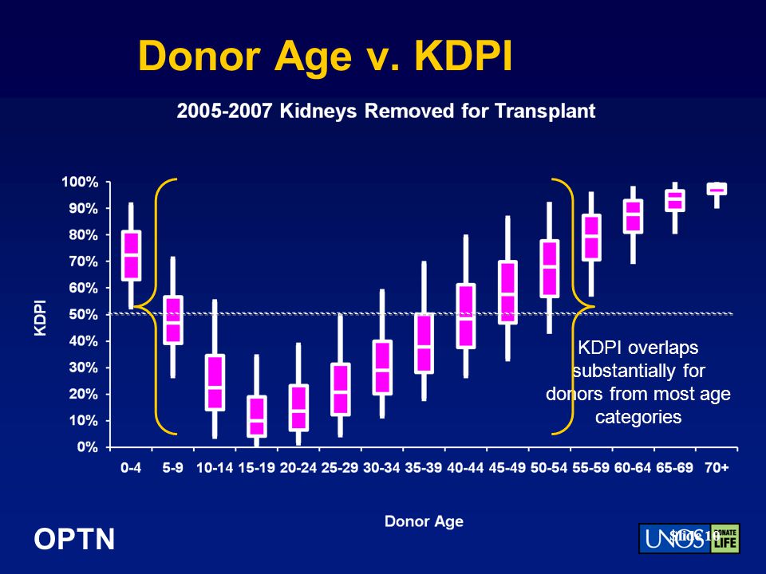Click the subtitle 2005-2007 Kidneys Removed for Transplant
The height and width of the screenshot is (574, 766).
[385, 112]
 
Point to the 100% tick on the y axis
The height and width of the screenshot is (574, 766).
[81, 182]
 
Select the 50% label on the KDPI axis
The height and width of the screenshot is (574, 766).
[83, 314]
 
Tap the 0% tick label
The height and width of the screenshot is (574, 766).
[87, 447]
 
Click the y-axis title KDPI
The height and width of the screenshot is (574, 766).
[40, 317]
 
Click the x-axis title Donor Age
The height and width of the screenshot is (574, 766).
[424, 522]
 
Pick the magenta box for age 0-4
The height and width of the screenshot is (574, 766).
[131, 255]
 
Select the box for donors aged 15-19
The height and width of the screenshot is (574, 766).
[256, 416]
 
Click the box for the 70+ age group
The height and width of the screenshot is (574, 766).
[717, 189]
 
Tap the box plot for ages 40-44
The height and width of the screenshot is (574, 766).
[465, 316]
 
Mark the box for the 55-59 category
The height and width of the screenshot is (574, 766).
[591, 237]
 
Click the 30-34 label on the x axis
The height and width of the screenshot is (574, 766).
[381, 469]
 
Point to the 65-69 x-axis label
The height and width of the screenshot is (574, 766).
[675, 469]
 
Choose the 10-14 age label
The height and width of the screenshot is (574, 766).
[214, 469]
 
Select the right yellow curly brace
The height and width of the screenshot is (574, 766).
[571, 306]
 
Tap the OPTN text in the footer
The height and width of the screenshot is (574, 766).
[74, 540]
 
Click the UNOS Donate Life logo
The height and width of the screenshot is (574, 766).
[689, 538]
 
